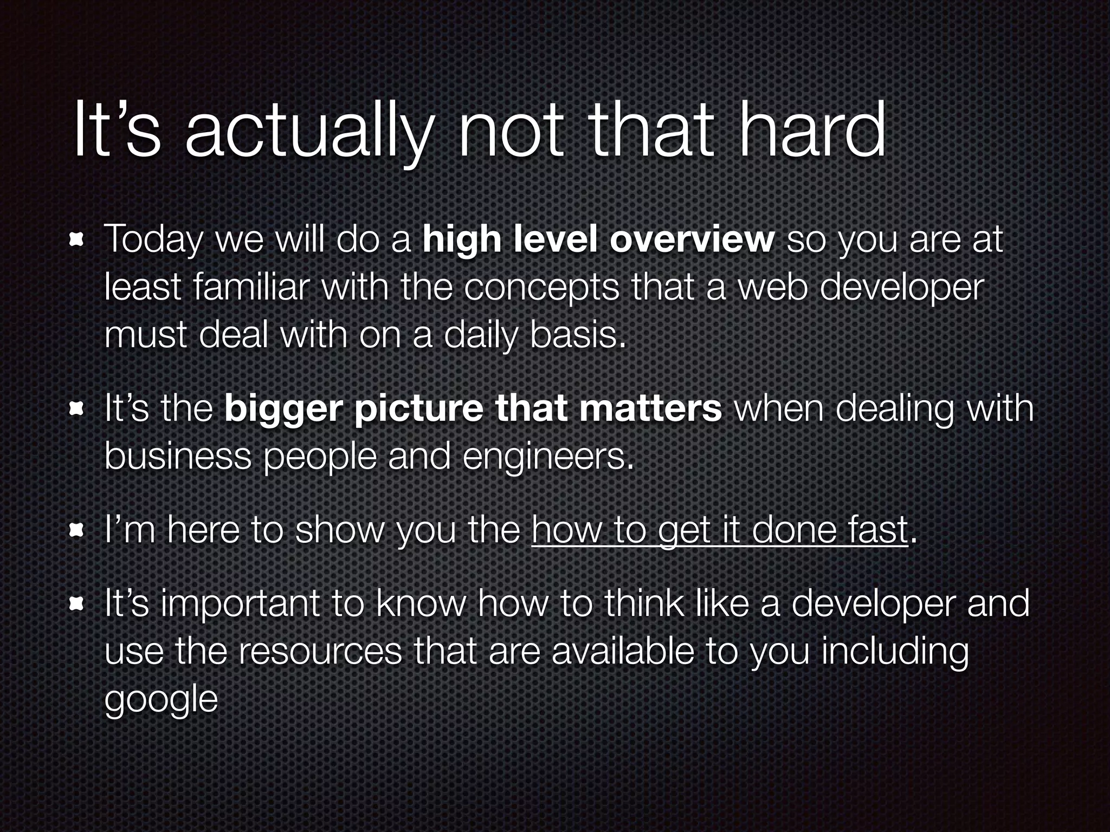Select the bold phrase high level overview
pyautogui.click(x=598, y=239)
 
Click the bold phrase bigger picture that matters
pyautogui.click(x=473, y=409)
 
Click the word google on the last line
pyautogui.click(x=161, y=701)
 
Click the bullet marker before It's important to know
pyautogui.click(x=76, y=604)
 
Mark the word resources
pyautogui.click(x=320, y=652)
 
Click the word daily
pyautogui.click(x=480, y=336)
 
